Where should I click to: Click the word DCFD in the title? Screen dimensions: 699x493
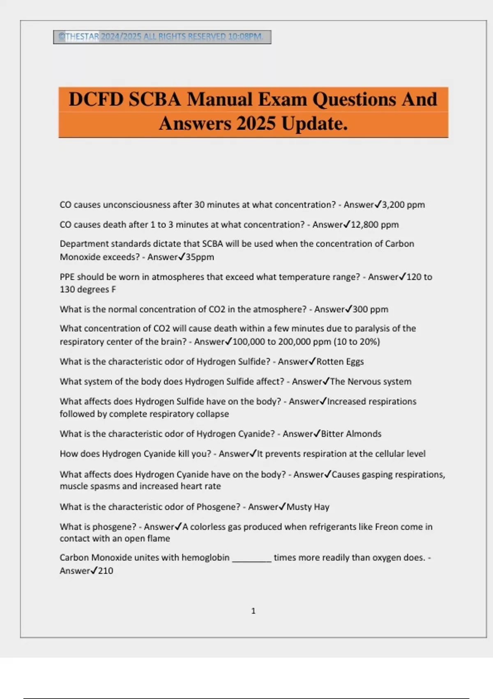coord(96,100)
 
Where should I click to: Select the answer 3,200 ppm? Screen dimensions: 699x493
coord(403,205)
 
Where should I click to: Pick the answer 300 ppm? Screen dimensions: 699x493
coord(370,309)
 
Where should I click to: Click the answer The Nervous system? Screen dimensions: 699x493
coord(371,382)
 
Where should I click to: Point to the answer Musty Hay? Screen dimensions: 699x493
coord(308,507)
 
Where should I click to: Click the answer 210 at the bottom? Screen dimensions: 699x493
coord(106,571)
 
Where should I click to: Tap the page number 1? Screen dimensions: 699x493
coord(253,611)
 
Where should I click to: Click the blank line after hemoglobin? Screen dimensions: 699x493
coord(251,558)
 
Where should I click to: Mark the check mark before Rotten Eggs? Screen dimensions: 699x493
coord(312,361)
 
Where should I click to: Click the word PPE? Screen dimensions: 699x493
coord(67,277)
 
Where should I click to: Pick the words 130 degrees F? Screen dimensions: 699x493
coord(88,289)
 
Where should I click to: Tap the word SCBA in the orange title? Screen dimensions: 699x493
coord(154,100)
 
